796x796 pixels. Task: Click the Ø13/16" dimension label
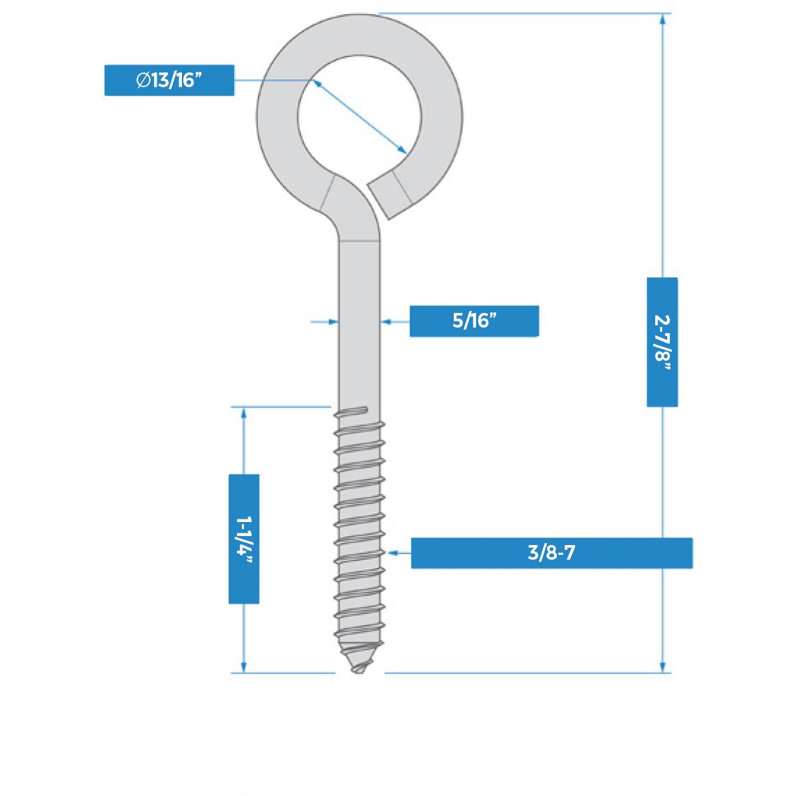point(169,80)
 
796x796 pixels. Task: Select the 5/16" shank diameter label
point(473,321)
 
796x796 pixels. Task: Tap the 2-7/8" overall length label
point(662,342)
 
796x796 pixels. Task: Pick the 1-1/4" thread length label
point(244,538)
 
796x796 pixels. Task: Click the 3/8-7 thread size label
point(551,553)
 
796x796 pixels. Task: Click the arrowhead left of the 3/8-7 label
point(394,553)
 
